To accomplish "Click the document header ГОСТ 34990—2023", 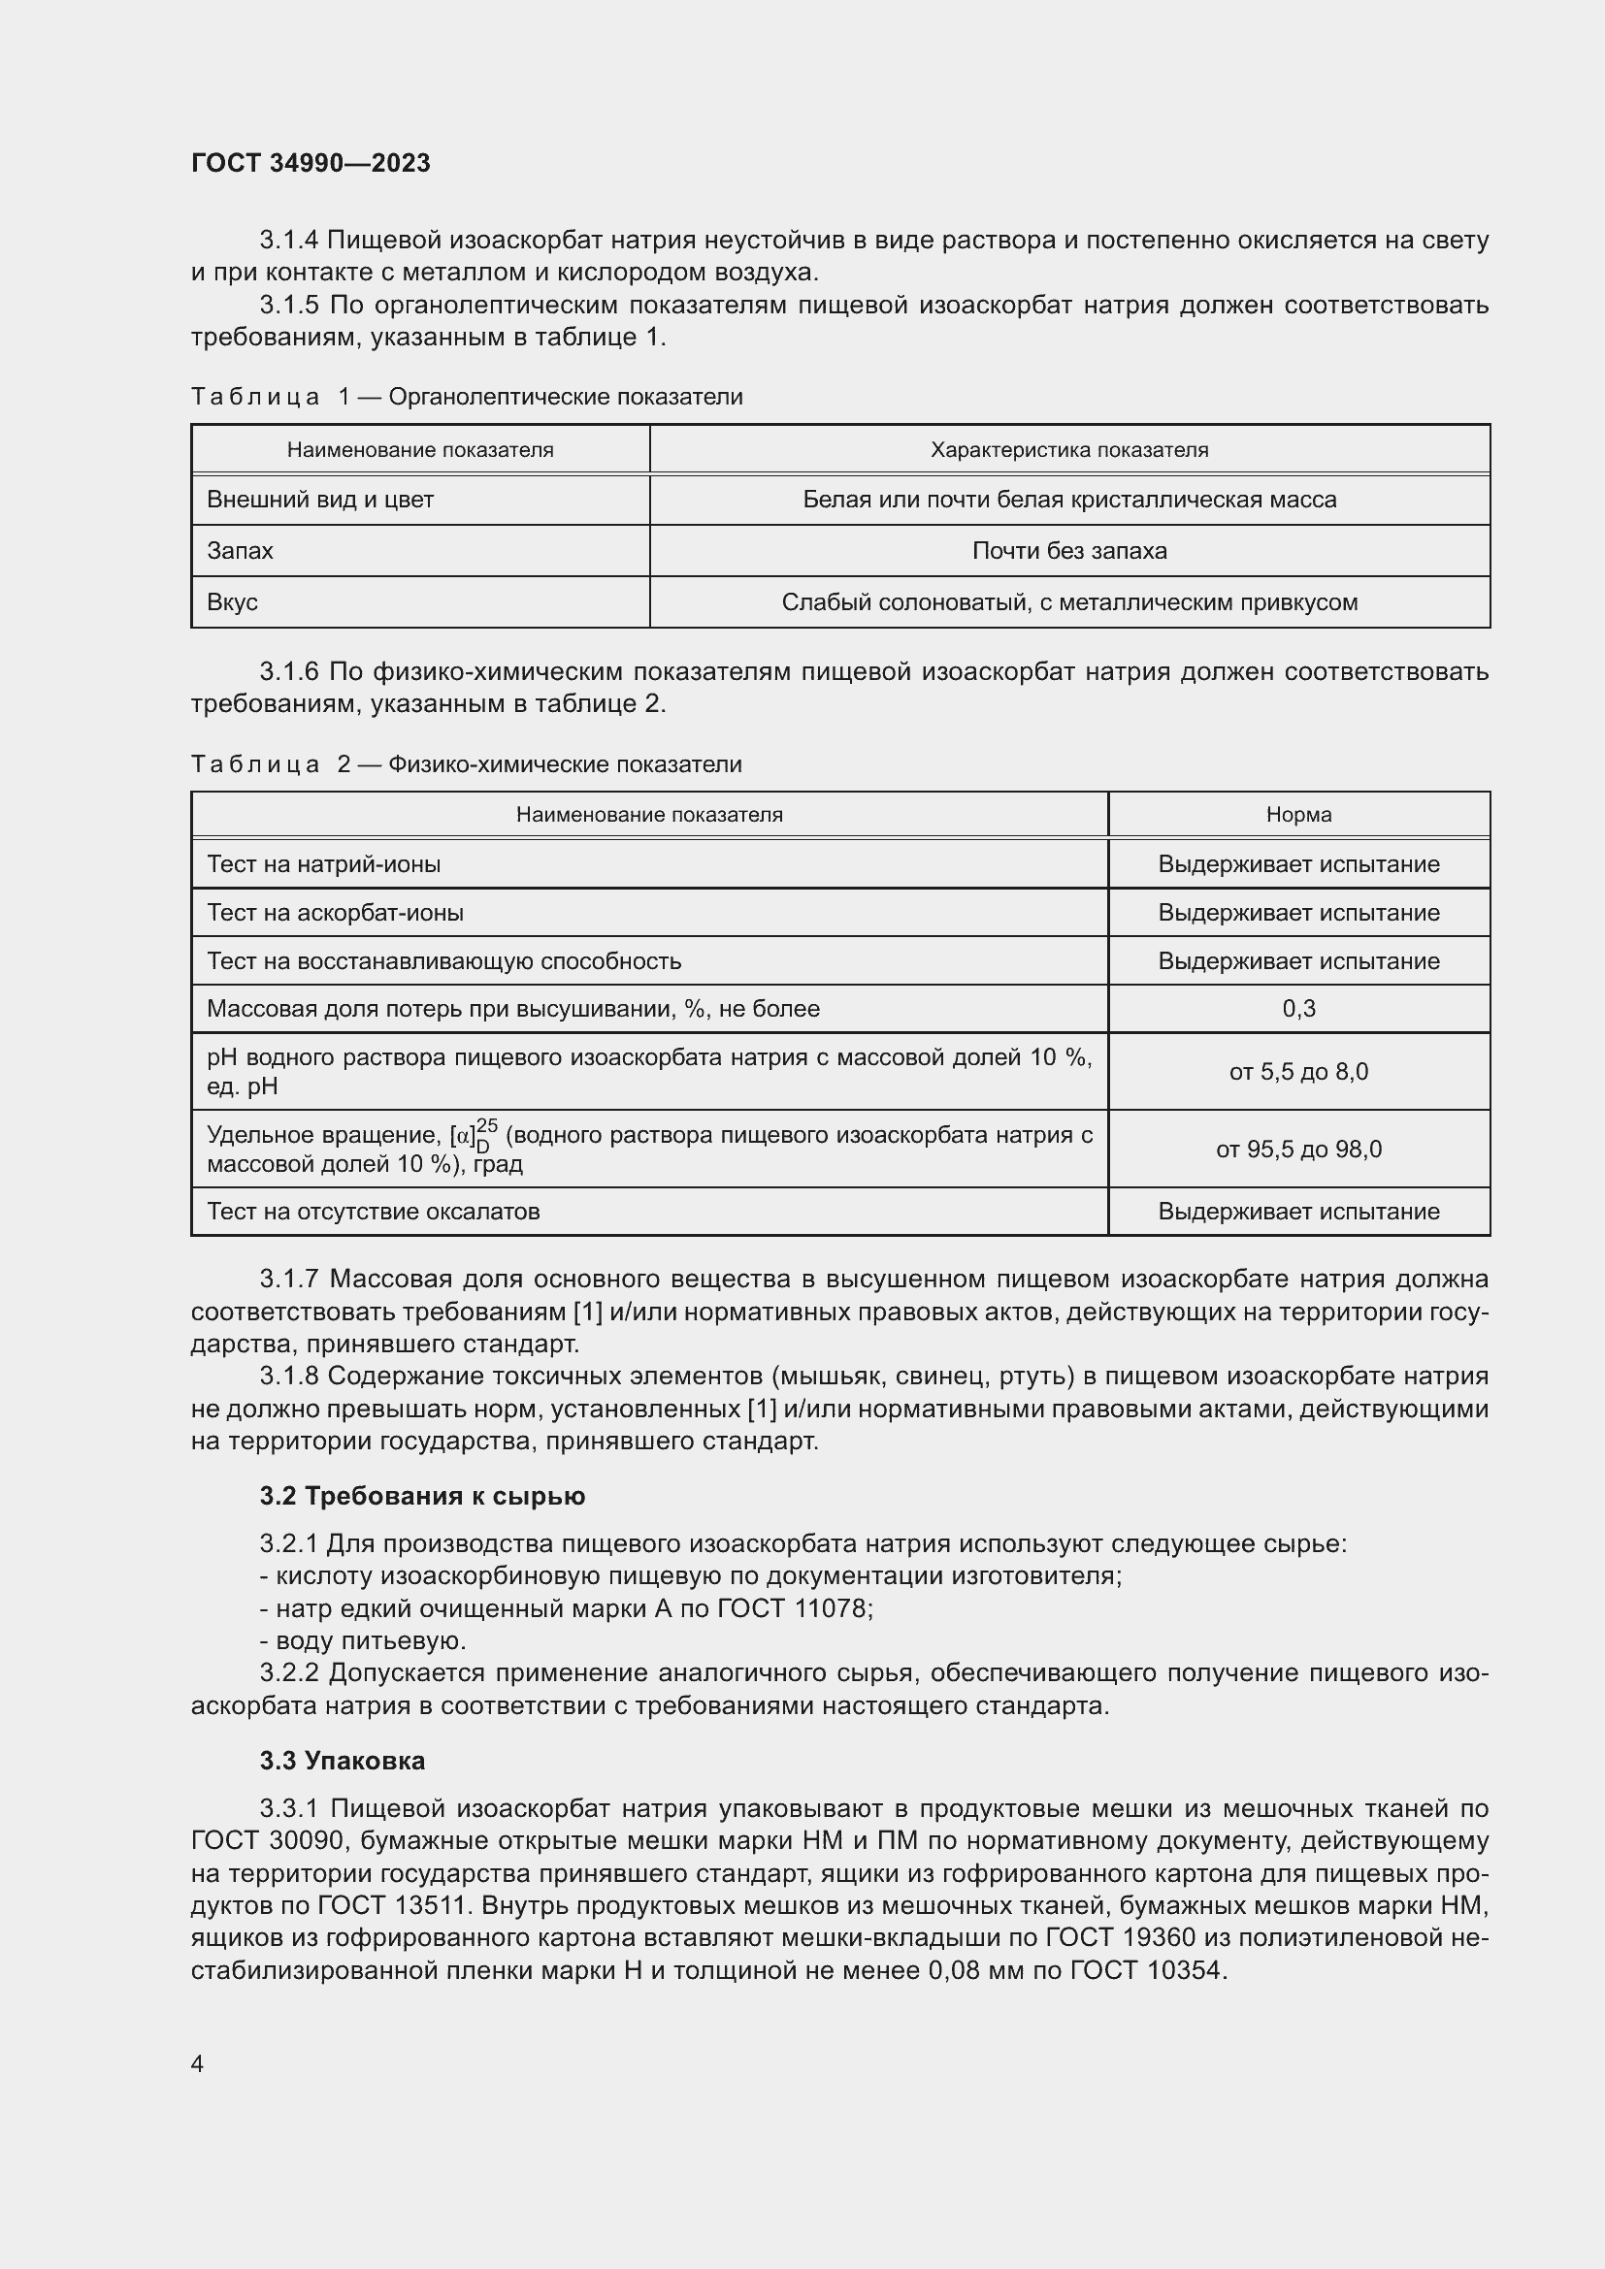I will pyautogui.click(x=311, y=163).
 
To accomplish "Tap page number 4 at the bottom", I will pyautogui.click(x=197, y=2063).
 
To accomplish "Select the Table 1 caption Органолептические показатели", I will pyautogui.click(x=566, y=398).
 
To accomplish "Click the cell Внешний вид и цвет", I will pyautogui.click(x=320, y=500).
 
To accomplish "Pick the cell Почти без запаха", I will pyautogui.click(x=1069, y=551).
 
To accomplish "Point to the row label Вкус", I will pyautogui.click(x=232, y=602).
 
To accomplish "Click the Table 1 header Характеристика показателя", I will pyautogui.click(x=1069, y=451).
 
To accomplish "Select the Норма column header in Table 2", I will pyautogui.click(x=1298, y=815).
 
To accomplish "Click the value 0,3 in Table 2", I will pyautogui.click(x=1298, y=1009).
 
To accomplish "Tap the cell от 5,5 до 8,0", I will pyautogui.click(x=1298, y=1072).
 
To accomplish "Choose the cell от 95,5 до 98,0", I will pyautogui.click(x=1298, y=1150).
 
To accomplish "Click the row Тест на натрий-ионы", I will pyautogui.click(x=324, y=864).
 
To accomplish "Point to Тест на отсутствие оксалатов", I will pyautogui.click(x=374, y=1212).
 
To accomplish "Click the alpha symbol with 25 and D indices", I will pyautogui.click(x=473, y=1137).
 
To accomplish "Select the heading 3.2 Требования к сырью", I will pyautogui.click(x=422, y=1496).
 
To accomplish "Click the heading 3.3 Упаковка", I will pyautogui.click(x=342, y=1761).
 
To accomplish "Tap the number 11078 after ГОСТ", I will pyautogui.click(x=833, y=1608).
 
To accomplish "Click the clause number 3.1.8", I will pyautogui.click(x=288, y=1377).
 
